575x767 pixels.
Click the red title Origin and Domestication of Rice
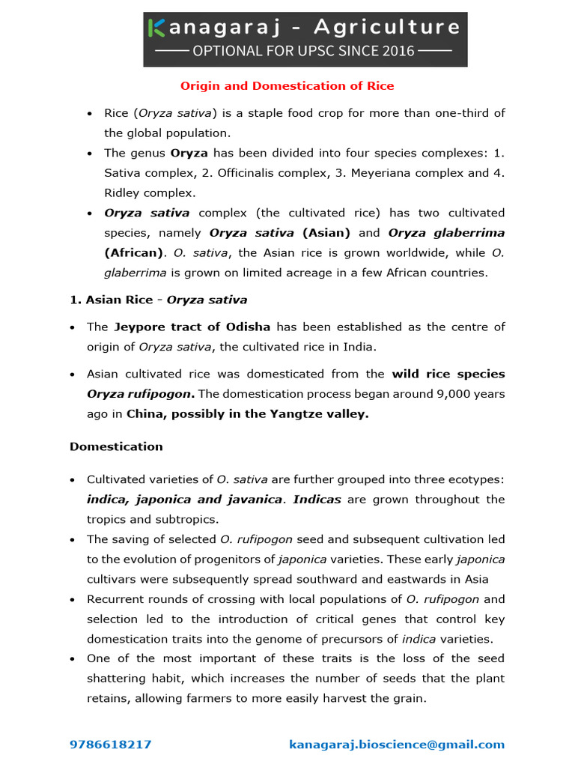click(x=287, y=86)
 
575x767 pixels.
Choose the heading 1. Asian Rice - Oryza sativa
click(x=158, y=300)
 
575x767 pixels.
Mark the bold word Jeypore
click(x=139, y=327)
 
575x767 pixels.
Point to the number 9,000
click(x=451, y=394)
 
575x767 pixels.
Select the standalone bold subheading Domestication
click(x=116, y=446)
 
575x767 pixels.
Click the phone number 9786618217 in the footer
click(x=111, y=745)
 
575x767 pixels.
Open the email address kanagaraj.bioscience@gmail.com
click(x=397, y=745)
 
